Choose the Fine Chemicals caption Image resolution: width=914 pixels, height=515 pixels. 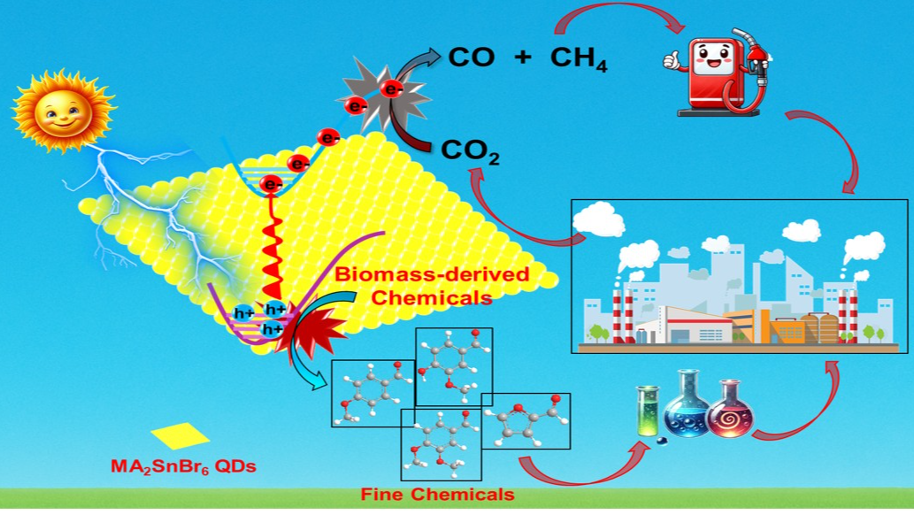pyautogui.click(x=437, y=493)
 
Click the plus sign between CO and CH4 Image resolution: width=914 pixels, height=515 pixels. pyautogui.click(x=521, y=58)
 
